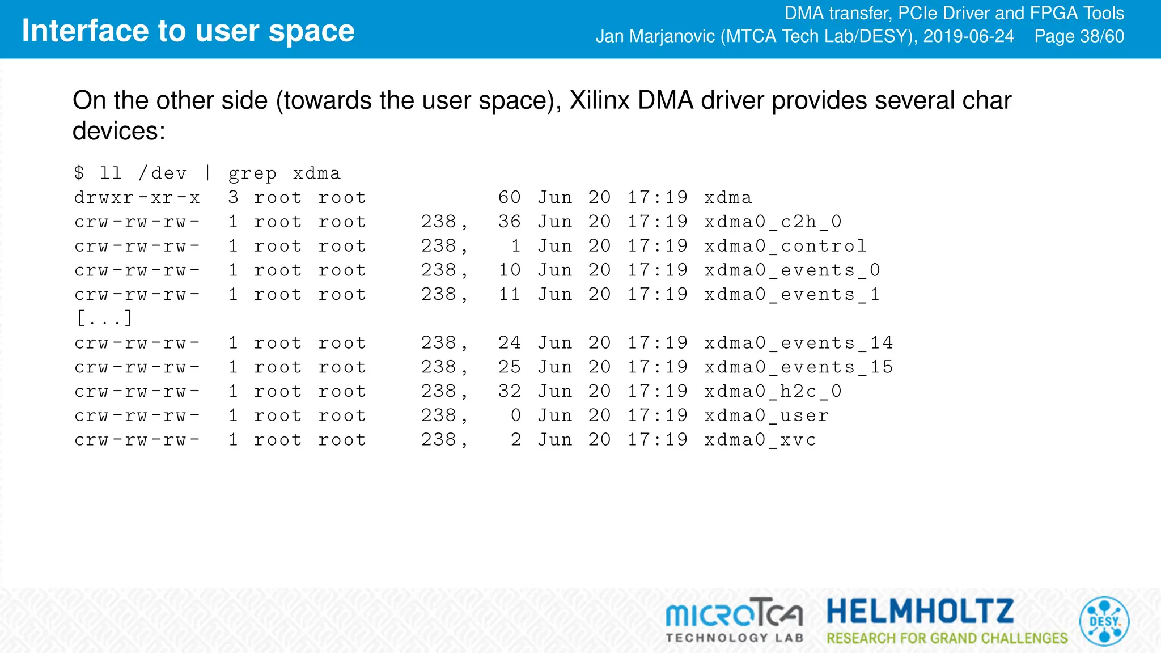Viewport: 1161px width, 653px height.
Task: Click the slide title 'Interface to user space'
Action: pyautogui.click(x=188, y=31)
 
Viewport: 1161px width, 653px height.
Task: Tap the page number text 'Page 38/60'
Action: pyautogui.click(x=1079, y=36)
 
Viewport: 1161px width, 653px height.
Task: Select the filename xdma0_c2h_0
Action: pyautogui.click(x=773, y=222)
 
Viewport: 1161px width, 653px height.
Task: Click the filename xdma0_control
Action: pyautogui.click(x=785, y=246)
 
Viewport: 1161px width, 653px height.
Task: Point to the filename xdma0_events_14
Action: pyautogui.click(x=798, y=343)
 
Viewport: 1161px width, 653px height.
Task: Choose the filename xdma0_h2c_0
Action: pyautogui.click(x=773, y=391)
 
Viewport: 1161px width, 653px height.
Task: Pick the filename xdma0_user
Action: pyautogui.click(x=766, y=415)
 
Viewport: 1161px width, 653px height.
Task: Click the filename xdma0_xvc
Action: pyautogui.click(x=760, y=440)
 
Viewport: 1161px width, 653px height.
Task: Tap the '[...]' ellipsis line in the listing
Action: pyautogui.click(x=104, y=318)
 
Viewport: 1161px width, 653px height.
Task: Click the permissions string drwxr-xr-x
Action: pyautogui.click(x=137, y=198)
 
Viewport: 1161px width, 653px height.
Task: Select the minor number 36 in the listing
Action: pyautogui.click(x=509, y=222)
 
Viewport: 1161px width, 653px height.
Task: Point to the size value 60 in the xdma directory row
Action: pyautogui.click(x=509, y=197)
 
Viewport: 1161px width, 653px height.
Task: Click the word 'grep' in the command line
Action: pyautogui.click(x=252, y=174)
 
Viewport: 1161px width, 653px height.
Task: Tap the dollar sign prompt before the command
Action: pyautogui.click(x=79, y=173)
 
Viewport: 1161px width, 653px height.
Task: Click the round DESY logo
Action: pyautogui.click(x=1104, y=621)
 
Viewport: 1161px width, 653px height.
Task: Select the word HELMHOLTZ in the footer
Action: pyautogui.click(x=920, y=612)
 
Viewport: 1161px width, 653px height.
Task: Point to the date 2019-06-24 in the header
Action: pyautogui.click(x=968, y=36)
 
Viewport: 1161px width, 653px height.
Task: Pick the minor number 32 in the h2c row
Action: pyautogui.click(x=509, y=391)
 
